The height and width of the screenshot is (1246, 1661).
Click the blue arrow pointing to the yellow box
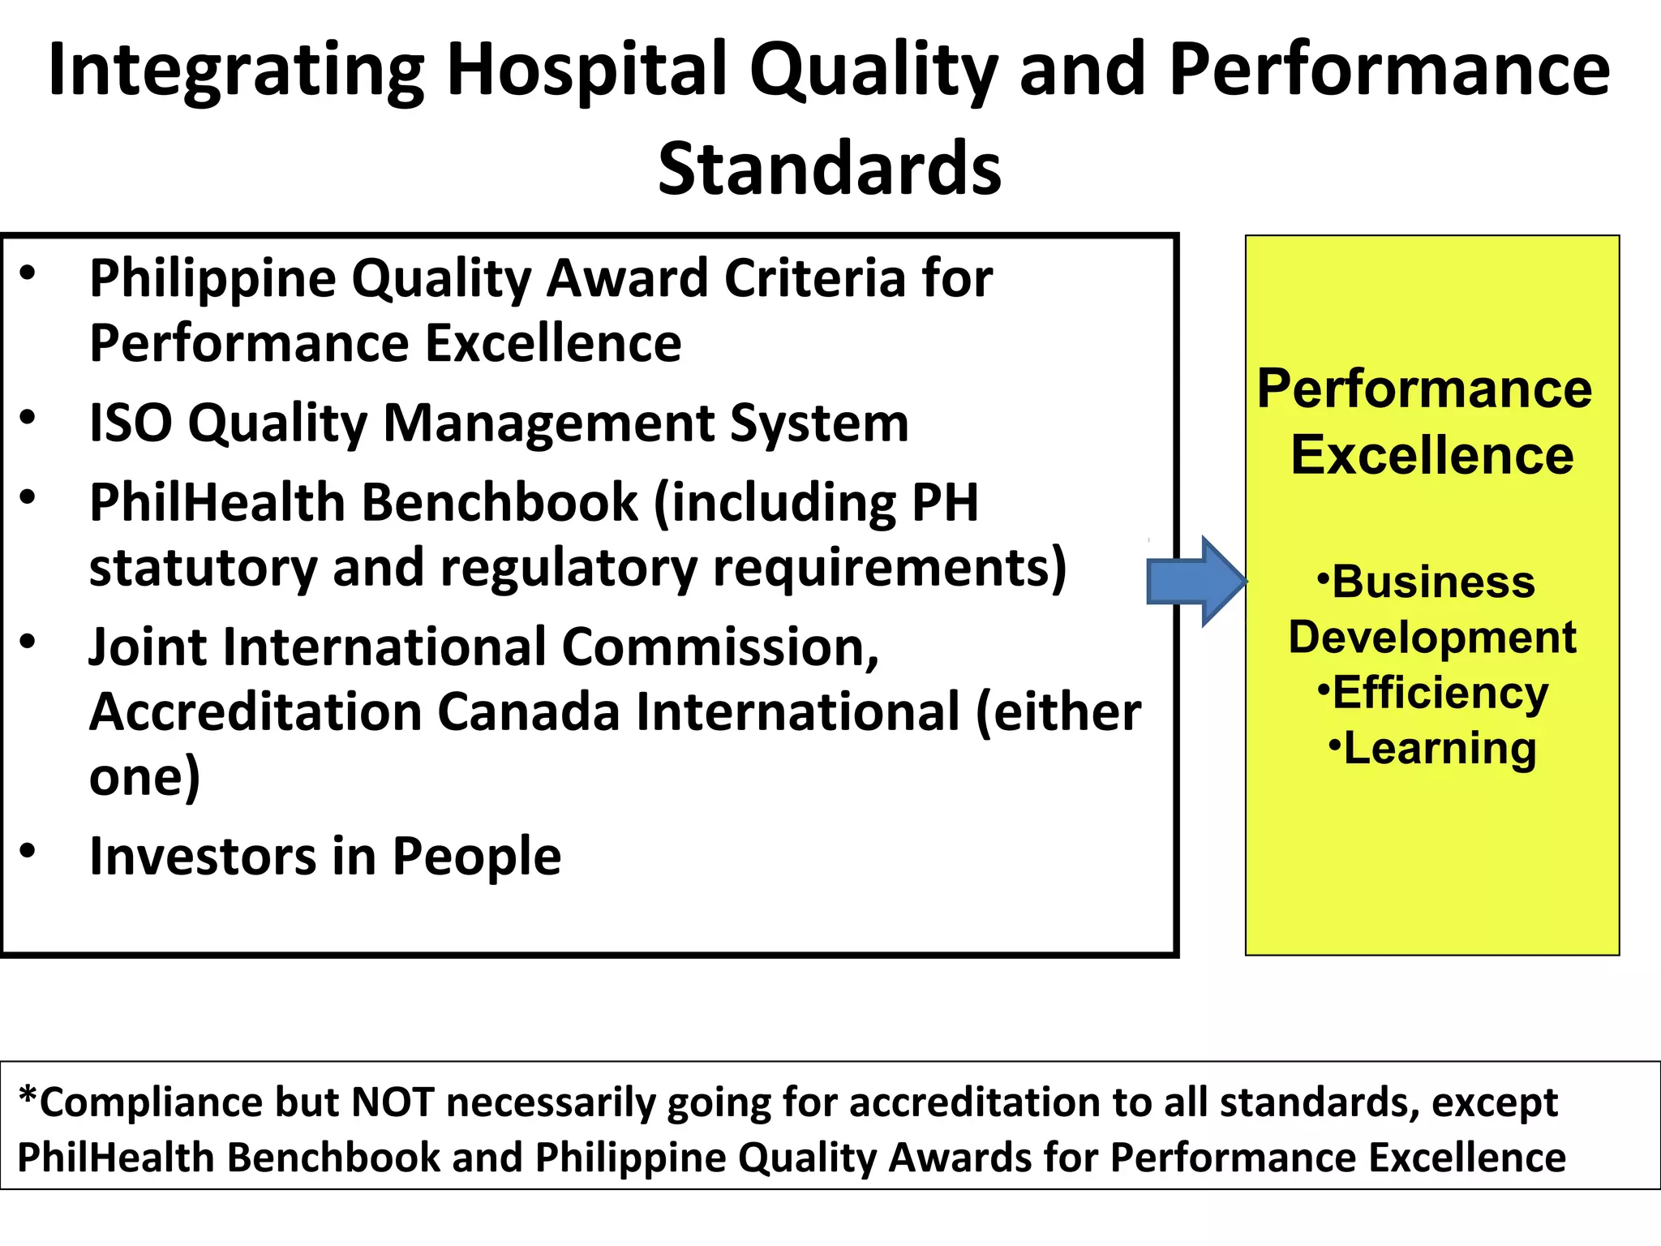[x=1194, y=582]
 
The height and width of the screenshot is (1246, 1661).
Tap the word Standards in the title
[x=829, y=169]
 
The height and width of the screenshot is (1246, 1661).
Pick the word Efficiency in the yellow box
[x=1440, y=693]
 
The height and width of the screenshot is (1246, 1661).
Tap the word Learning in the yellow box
[x=1440, y=748]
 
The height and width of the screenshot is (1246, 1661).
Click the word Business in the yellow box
[x=1433, y=582]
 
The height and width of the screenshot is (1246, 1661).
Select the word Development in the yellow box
[x=1432, y=638]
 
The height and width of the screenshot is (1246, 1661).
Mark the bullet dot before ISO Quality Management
[x=28, y=417]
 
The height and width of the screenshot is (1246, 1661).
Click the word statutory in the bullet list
[x=203, y=568]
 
